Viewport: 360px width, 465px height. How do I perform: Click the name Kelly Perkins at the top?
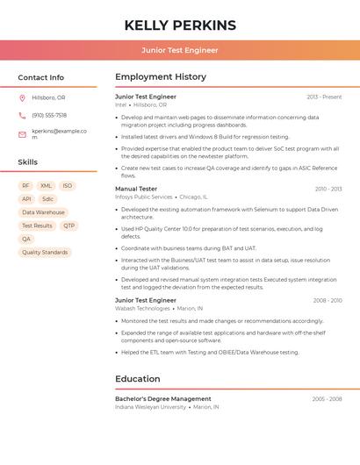coord(180,25)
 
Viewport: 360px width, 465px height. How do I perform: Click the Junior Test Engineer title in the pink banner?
coord(180,50)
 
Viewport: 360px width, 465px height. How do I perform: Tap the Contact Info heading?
coord(41,77)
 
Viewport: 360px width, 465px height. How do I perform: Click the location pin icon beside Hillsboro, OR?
coord(22,97)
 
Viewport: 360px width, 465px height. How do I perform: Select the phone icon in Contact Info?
coord(22,115)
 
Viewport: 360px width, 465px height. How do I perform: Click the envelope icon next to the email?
coord(22,134)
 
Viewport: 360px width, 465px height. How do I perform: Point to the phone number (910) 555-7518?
coord(49,115)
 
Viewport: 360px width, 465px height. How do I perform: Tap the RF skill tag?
coord(25,186)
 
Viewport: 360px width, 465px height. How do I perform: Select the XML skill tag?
coord(46,186)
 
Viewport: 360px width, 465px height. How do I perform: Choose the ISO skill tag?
coord(68,186)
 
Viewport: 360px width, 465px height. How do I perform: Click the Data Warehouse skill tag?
coord(43,212)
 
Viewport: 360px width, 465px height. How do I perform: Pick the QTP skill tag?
coord(69,225)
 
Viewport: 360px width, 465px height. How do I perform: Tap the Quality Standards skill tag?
coord(45,252)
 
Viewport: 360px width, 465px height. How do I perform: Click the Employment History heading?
coord(161,77)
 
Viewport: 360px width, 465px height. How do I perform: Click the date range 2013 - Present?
coord(324,97)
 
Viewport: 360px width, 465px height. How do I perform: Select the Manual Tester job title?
coord(136,189)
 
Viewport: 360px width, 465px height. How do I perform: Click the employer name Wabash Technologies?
coord(142,309)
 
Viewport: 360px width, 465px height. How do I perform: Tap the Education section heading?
coord(138,379)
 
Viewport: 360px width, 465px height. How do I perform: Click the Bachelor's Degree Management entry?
coord(163,398)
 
